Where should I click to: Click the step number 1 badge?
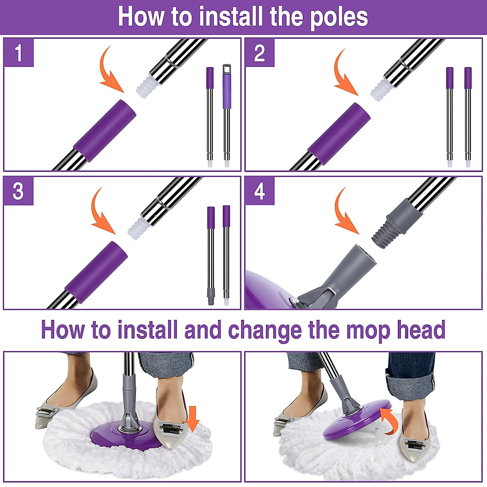[x=18, y=53]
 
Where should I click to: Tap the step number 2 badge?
[x=260, y=53]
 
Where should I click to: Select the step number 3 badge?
[x=18, y=191]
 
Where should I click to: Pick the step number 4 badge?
[x=260, y=191]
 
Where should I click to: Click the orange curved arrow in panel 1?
[x=110, y=70]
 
